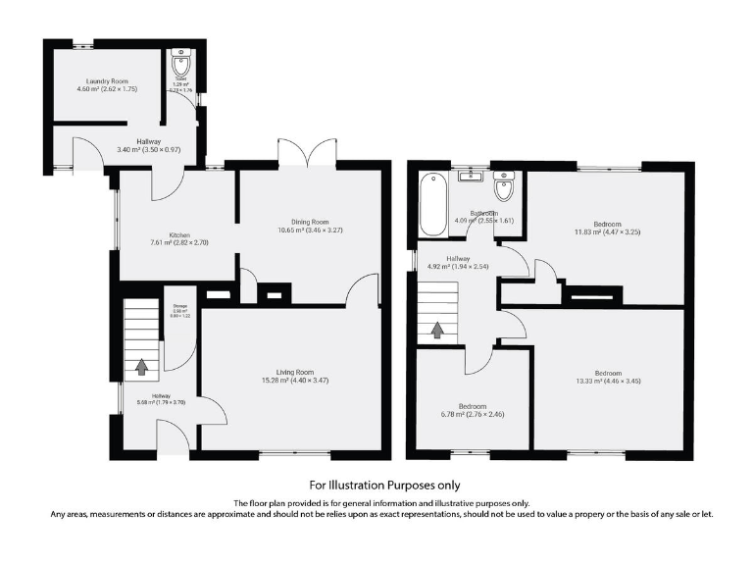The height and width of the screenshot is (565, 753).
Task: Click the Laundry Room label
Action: click(106, 83)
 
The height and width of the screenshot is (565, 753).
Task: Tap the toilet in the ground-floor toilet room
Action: click(182, 64)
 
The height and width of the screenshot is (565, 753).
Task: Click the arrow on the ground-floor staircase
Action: click(141, 368)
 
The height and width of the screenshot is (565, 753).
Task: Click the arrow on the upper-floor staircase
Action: click(435, 331)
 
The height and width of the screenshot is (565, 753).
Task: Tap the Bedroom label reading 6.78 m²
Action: click(473, 411)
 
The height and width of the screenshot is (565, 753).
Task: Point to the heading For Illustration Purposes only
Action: click(384, 485)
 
